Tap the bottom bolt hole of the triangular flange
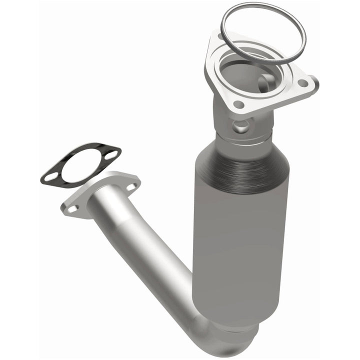point(239,105)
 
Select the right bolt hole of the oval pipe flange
point(130,186)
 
